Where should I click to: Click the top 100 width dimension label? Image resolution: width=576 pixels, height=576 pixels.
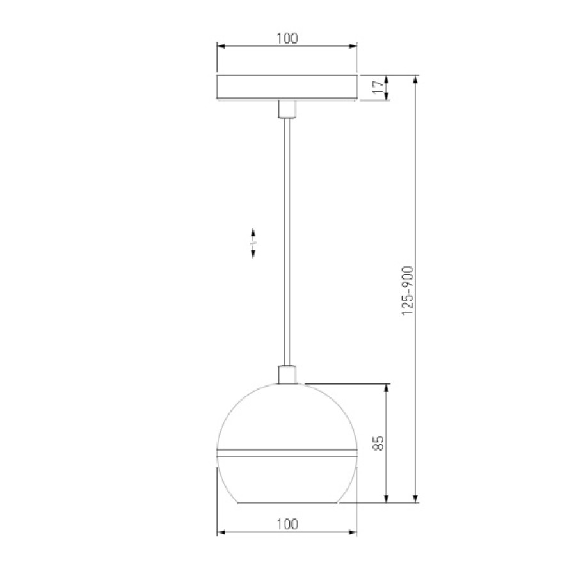click(287, 38)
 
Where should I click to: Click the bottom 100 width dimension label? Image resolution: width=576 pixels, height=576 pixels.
click(287, 524)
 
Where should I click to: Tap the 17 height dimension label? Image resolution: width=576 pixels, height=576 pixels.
click(378, 87)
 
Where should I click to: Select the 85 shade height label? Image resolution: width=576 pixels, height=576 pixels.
click(378, 443)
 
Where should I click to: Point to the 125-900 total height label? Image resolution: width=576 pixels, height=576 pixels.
click(408, 291)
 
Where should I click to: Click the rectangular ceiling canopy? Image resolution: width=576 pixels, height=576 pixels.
click(287, 88)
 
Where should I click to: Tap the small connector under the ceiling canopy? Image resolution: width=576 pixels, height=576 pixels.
click(287, 109)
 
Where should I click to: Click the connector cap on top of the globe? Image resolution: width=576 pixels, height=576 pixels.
click(287, 374)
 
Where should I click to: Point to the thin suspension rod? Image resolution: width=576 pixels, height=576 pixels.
click(287, 242)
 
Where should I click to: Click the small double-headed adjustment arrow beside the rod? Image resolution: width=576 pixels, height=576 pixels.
click(253, 243)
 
